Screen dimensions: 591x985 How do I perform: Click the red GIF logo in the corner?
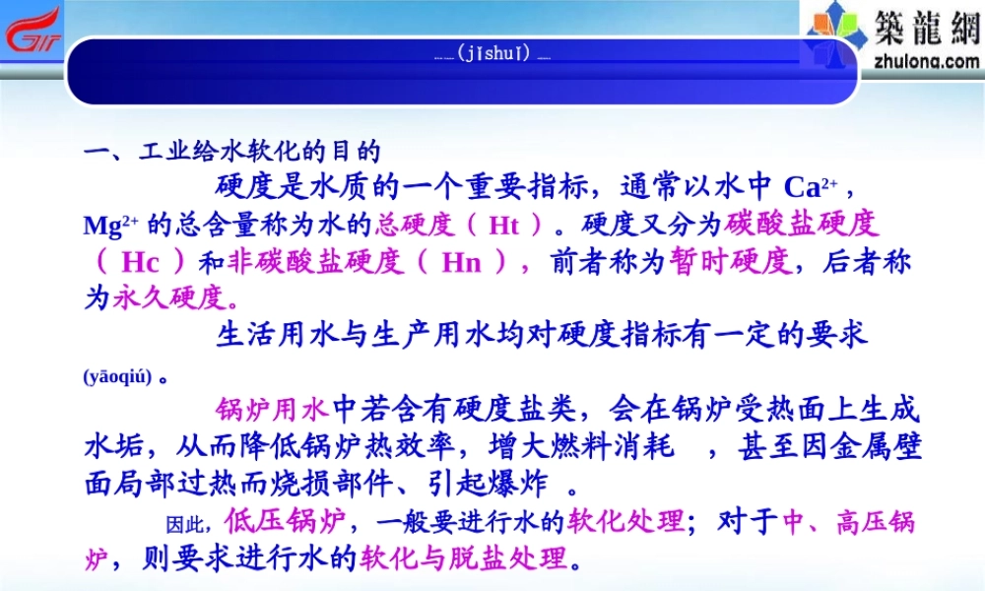33,31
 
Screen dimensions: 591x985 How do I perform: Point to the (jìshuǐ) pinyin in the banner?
493,53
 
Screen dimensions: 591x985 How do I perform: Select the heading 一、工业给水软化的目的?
231,153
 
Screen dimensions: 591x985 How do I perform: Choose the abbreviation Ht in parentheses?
503,225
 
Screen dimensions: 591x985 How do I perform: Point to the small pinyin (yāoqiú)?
117,377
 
